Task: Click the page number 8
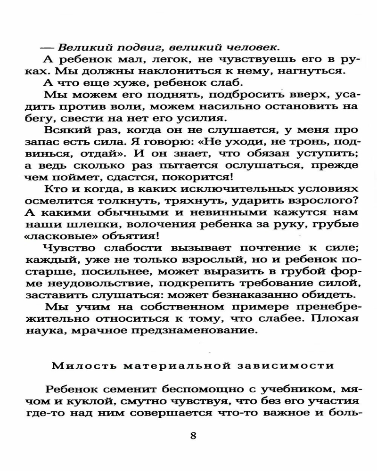193,435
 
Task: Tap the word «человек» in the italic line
253,47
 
